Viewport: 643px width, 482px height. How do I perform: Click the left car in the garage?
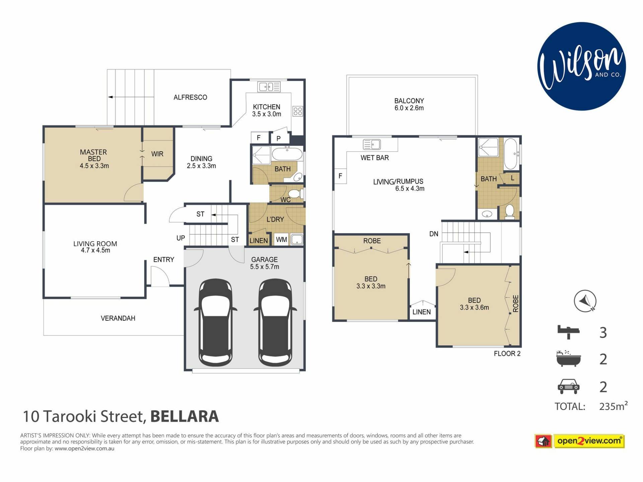pos(215,323)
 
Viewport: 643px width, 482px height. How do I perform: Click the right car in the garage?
pos(275,323)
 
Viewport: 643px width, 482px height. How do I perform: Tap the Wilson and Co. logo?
pos(582,66)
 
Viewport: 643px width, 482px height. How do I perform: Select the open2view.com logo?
pos(580,441)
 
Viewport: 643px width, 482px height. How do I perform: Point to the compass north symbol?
pos(585,301)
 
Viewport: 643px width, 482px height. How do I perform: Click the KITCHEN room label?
pos(267,107)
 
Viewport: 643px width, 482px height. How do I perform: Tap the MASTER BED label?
pos(93,155)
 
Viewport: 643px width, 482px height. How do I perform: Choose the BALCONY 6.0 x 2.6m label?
pos(409,104)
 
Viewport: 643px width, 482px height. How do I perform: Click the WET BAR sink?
pos(372,144)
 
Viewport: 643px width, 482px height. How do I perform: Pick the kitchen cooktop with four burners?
pos(298,111)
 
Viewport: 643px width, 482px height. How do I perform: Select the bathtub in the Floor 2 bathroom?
pos(511,154)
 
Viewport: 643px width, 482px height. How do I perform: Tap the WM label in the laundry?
pos(281,240)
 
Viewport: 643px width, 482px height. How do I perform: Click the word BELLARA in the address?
pos(185,416)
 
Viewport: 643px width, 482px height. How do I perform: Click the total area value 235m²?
pos(613,406)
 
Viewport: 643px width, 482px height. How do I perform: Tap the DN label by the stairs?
pos(434,234)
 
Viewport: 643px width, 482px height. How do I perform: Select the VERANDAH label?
pos(118,318)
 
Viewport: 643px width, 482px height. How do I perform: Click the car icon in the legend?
pos(568,386)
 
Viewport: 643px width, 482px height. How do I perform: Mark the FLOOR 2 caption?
pos(507,354)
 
